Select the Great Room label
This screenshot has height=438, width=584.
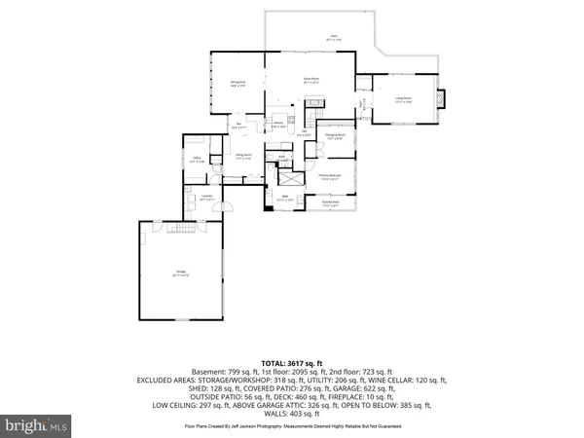click(311, 80)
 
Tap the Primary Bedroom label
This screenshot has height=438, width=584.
click(330, 177)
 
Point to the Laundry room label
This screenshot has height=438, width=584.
click(206, 198)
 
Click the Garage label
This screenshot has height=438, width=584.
click(180, 273)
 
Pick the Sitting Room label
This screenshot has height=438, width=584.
click(243, 156)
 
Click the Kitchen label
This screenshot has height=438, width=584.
click(279, 125)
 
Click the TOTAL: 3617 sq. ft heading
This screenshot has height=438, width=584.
click(291, 362)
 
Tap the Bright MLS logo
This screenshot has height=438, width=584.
click(36, 425)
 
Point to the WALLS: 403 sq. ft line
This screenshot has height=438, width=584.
click(292, 413)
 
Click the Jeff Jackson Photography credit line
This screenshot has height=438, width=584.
click(292, 425)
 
